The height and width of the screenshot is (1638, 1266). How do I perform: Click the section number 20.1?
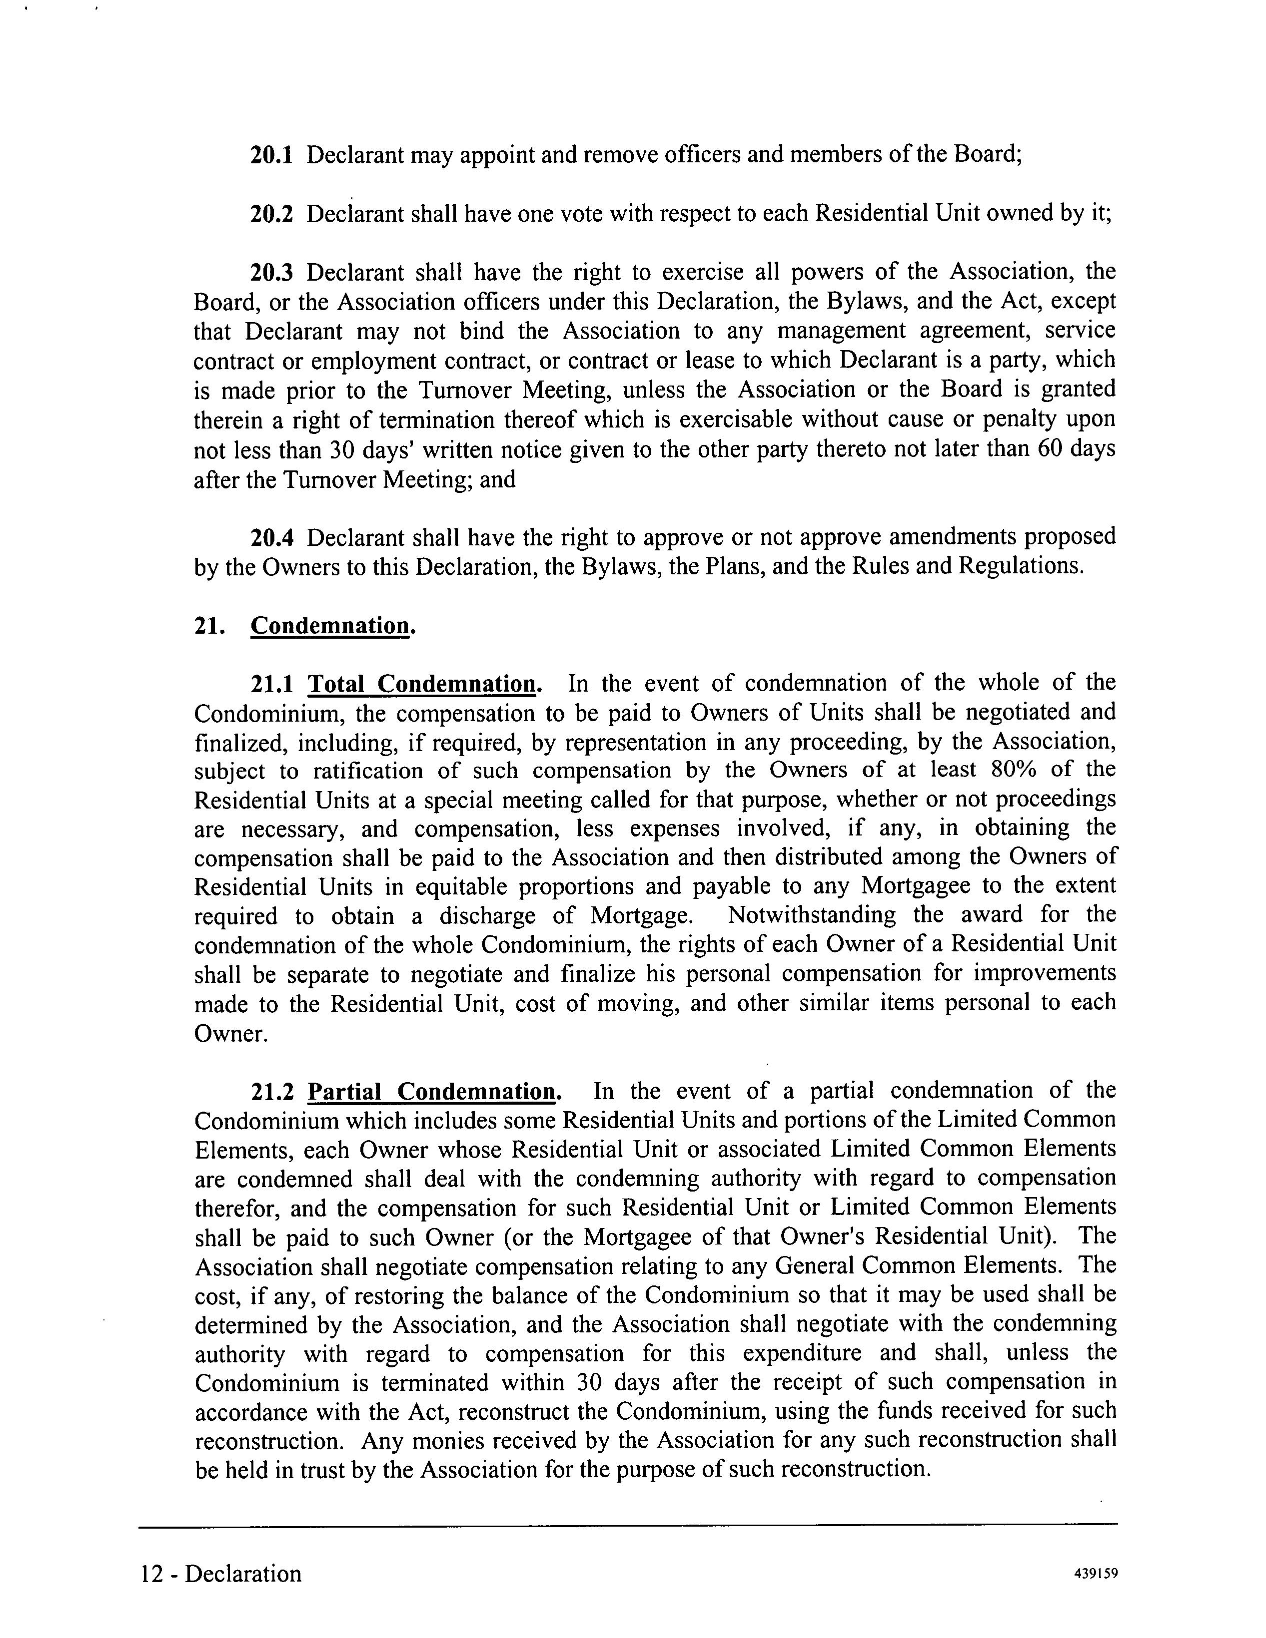271,155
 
